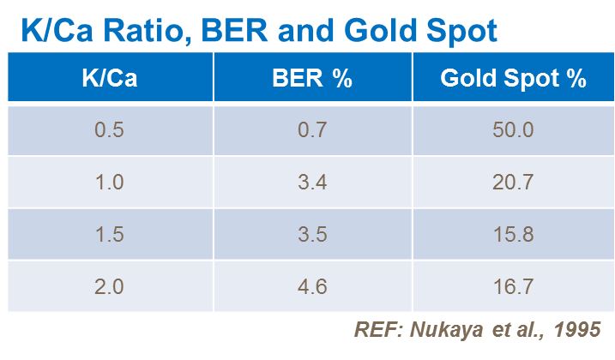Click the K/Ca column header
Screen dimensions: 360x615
click(109, 79)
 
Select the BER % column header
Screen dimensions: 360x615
click(312, 79)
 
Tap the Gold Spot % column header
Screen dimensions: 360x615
click(513, 79)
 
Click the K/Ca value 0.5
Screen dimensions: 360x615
click(109, 130)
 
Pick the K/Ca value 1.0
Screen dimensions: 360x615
click(109, 183)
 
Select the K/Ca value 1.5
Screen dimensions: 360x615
click(109, 235)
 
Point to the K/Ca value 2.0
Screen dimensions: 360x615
click(109, 286)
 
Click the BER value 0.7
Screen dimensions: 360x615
click(312, 130)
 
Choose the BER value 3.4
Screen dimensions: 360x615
click(312, 183)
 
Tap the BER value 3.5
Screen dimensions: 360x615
click(312, 235)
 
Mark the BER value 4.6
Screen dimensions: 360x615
click(312, 286)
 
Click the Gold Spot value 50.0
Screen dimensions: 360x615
click(513, 130)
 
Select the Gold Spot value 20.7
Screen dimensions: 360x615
click(513, 183)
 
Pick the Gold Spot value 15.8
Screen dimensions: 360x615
click(513, 235)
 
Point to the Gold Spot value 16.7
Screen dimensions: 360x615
click(513, 286)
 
